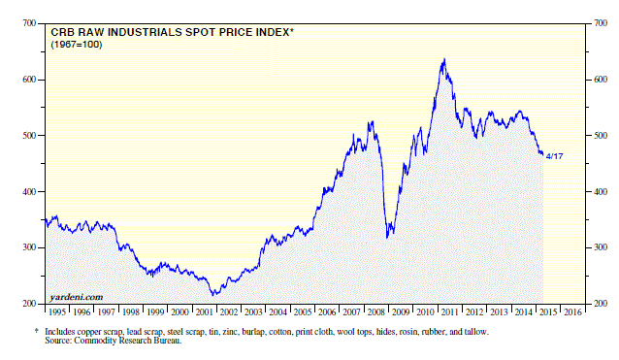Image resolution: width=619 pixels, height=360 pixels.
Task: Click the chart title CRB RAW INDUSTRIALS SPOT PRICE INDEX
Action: (x=170, y=32)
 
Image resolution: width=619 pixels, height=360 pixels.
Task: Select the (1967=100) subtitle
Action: (x=77, y=45)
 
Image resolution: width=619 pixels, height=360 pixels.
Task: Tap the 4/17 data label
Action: (x=554, y=156)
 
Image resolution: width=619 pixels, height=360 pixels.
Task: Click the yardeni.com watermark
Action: (x=77, y=297)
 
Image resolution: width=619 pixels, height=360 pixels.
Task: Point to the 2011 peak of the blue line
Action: (x=445, y=59)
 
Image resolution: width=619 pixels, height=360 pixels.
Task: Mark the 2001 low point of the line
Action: (x=213, y=294)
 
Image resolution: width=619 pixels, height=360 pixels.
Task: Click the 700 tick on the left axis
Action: (x=29, y=23)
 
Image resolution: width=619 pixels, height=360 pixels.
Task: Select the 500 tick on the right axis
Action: (x=601, y=136)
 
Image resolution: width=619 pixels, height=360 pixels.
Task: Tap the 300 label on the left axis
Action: (x=29, y=247)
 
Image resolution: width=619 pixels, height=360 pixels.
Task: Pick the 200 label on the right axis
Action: (x=601, y=304)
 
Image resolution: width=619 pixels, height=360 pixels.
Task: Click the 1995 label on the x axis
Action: (x=57, y=312)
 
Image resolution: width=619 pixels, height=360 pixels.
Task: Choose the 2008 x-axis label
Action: (x=375, y=312)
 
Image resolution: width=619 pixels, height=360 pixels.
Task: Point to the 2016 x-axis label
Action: (x=572, y=312)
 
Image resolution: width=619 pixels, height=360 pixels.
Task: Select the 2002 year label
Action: (x=229, y=312)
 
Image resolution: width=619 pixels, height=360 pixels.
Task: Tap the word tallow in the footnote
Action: (x=476, y=332)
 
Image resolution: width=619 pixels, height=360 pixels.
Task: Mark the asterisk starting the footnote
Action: (x=37, y=331)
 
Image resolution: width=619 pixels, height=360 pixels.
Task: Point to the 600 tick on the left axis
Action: (x=29, y=80)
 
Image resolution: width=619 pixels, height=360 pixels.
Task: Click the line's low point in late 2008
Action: (x=387, y=238)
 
